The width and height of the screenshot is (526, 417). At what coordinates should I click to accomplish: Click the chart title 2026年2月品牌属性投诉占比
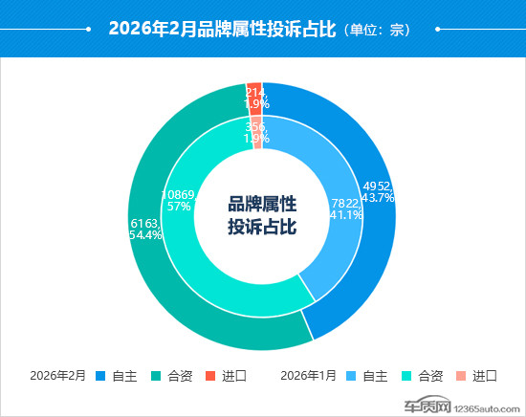[222, 29]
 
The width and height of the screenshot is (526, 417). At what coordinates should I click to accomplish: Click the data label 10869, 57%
[179, 200]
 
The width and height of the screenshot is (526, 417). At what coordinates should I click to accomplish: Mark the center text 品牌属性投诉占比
[262, 215]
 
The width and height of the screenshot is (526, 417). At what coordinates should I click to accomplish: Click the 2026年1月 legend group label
[307, 375]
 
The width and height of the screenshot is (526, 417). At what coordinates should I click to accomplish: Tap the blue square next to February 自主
[100, 375]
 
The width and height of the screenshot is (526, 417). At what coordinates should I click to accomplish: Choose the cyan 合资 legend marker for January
[405, 375]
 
